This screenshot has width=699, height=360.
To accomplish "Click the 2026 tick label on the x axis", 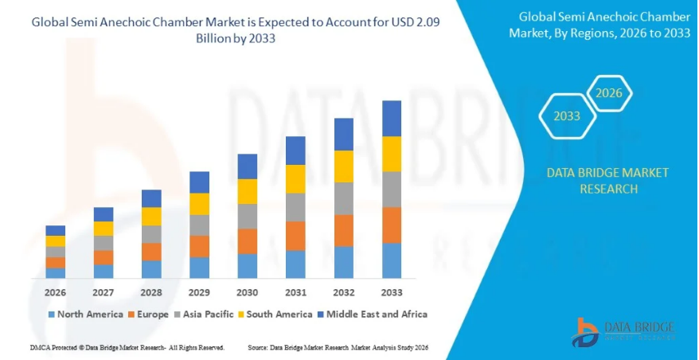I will (55, 292).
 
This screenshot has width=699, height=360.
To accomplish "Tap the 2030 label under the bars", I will (247, 292).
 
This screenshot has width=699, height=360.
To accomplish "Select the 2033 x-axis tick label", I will (391, 292).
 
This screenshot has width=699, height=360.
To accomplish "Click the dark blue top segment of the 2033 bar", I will (391, 118).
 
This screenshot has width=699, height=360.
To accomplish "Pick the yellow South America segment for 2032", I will (343, 166).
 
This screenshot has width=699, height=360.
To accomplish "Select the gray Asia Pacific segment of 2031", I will (295, 207).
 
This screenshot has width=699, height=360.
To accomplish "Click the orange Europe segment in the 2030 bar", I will (247, 241).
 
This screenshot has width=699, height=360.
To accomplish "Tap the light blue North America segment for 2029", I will (199, 268).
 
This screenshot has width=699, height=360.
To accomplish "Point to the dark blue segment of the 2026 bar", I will (55, 230).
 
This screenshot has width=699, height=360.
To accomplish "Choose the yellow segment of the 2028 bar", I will (151, 217).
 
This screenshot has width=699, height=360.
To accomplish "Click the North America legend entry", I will (84, 314).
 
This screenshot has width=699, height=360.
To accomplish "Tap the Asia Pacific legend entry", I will (203, 314).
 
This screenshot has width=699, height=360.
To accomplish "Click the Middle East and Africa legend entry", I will (372, 314).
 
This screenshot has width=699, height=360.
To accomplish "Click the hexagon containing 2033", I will (567, 116).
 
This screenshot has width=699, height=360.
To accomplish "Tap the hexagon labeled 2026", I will (609, 93).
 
